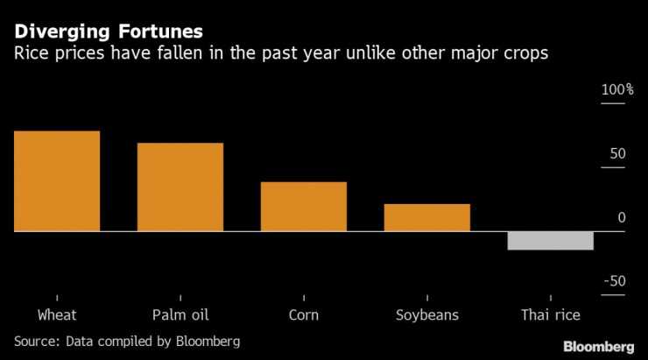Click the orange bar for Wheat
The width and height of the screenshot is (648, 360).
click(x=57, y=181)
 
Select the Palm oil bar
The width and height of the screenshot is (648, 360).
click(x=180, y=187)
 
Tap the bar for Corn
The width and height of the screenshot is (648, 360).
click(x=304, y=207)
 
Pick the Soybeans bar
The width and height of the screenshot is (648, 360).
click(x=427, y=217)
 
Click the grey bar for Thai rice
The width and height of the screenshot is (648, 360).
click(x=551, y=241)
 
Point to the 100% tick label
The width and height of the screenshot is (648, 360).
click(x=616, y=90)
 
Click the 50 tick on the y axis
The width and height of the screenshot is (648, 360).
click(x=617, y=154)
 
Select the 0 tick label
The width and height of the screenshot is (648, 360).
click(x=622, y=218)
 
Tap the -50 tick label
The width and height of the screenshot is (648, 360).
click(x=615, y=281)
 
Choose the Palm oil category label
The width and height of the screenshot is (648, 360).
click(x=180, y=314)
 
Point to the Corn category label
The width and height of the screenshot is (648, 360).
click(x=303, y=314)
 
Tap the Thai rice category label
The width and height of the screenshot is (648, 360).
click(x=551, y=314)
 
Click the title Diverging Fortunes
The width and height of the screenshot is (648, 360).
click(x=108, y=32)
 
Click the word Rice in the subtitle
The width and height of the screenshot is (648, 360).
click(x=31, y=54)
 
